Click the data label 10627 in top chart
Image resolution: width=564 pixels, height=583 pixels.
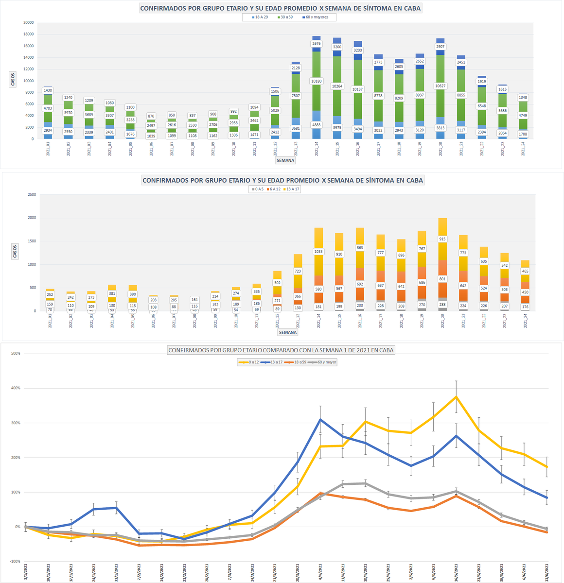[441, 86]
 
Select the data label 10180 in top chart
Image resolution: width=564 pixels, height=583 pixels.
[317, 81]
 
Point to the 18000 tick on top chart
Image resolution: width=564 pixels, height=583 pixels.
[28, 34]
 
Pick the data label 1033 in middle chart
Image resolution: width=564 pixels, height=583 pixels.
[318, 252]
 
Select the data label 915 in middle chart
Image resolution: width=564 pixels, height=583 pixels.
[442, 239]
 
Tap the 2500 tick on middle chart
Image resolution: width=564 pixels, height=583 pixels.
[32, 194]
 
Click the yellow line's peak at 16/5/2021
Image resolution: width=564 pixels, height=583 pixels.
[456, 396]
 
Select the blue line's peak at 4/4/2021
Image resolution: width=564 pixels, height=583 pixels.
[320, 419]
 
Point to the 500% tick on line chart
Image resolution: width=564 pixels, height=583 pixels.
[16, 353]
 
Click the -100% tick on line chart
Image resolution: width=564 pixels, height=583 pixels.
[15, 562]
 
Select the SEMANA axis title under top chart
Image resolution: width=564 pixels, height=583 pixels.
[285, 160]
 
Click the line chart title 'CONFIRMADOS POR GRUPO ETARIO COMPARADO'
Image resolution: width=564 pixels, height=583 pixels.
[281, 350]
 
